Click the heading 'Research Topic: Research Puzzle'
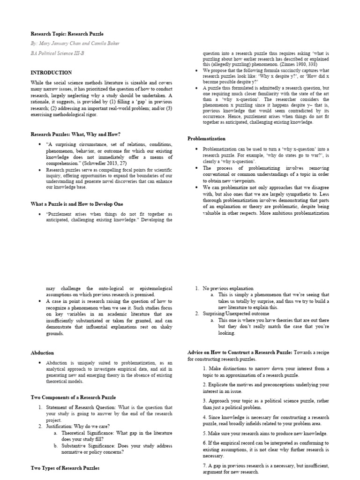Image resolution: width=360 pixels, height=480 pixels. pos(67,34)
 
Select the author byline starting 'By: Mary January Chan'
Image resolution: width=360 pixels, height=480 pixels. pos(75,44)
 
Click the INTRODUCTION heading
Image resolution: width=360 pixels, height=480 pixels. pos(51,73)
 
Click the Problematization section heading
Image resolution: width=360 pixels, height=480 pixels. pos(206,139)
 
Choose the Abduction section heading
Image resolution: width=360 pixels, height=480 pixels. pos(42,352)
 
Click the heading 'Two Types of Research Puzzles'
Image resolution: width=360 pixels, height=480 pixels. pos(65,468)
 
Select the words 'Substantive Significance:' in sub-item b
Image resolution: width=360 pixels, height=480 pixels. pos(89,446)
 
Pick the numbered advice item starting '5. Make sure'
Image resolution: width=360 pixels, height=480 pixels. pos(265,434)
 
